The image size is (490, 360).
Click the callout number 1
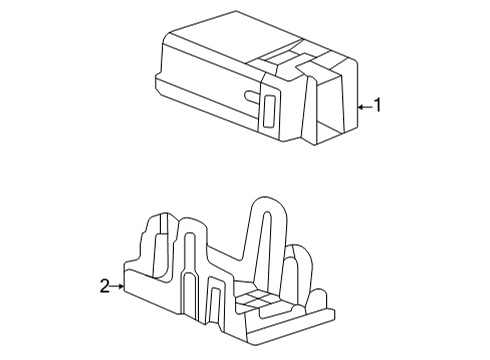point(378,104)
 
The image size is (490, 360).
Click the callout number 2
point(105,287)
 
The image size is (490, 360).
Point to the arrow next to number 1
point(365,104)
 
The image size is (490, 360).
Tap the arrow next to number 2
point(118,287)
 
